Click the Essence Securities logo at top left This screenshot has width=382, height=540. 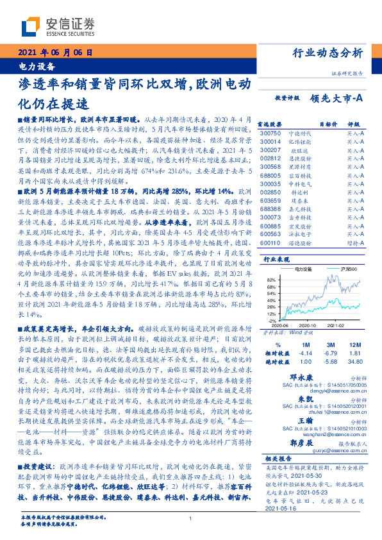pos(57,26)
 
